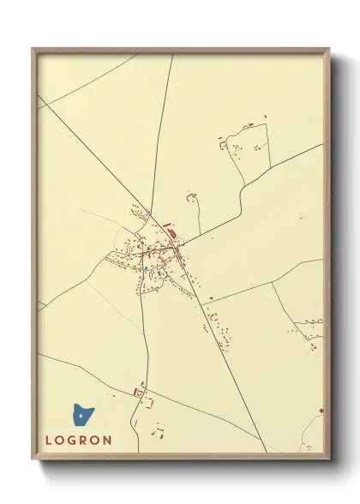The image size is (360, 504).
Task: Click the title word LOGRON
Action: click(x=78, y=441)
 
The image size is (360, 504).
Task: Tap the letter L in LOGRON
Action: click(x=49, y=441)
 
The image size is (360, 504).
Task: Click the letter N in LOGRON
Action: click(x=107, y=441)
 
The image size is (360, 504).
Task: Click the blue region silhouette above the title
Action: click(x=82, y=416)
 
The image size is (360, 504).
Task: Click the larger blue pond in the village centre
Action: click(x=159, y=273)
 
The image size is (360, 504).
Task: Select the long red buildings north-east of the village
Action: click(x=170, y=230)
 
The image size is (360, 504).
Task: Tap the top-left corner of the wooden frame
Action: click(x=33, y=50)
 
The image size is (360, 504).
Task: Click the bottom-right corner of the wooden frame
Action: click(x=329, y=459)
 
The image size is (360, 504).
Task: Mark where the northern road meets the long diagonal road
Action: click(x=152, y=214)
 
